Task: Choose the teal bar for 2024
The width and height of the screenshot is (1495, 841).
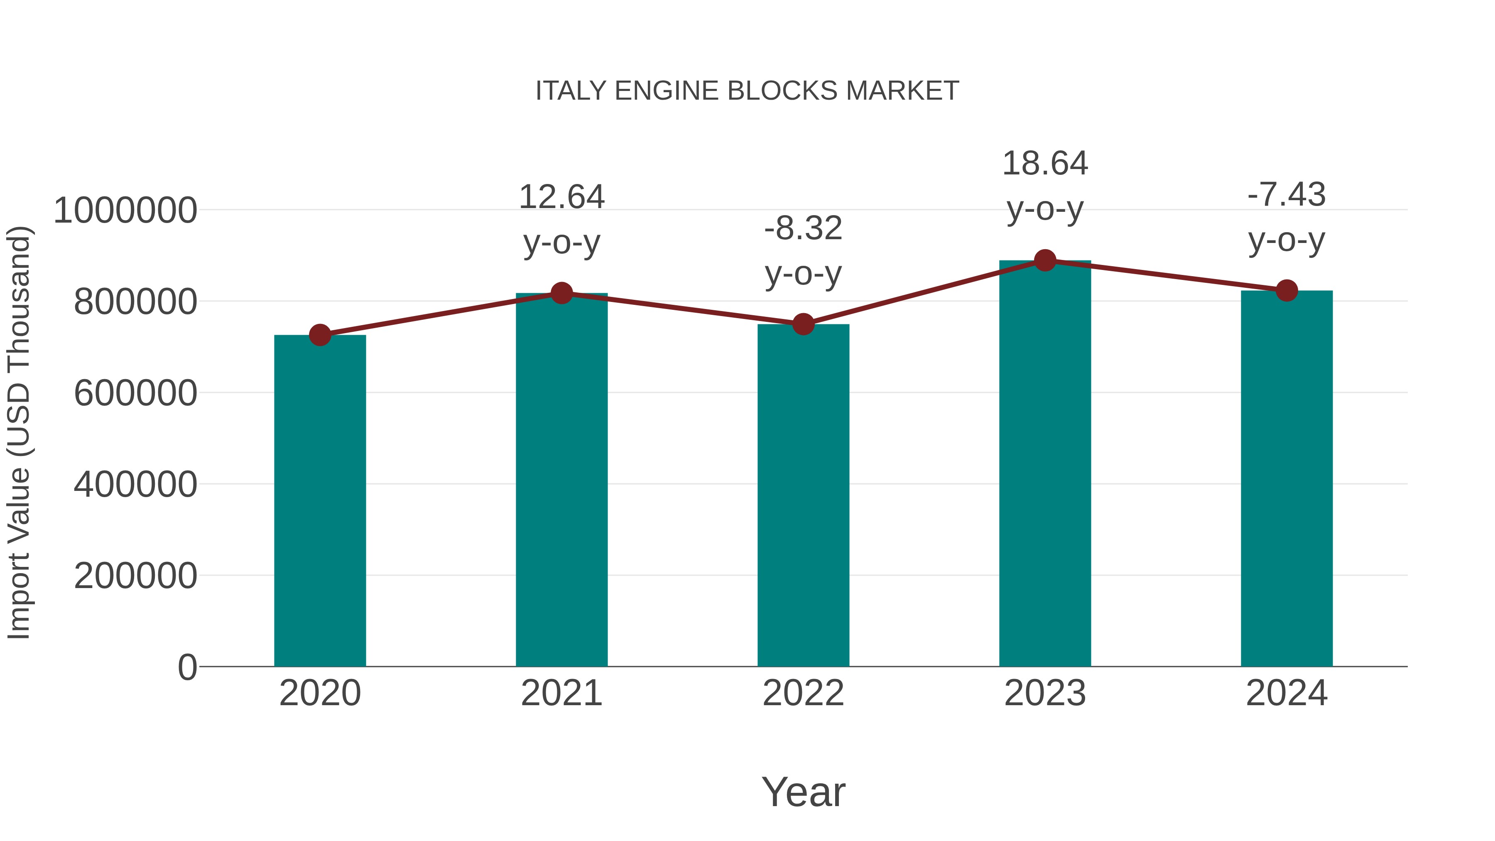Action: (x=1287, y=478)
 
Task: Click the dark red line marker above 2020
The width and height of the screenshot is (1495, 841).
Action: (x=320, y=335)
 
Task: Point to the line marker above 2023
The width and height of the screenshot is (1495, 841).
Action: (x=1045, y=260)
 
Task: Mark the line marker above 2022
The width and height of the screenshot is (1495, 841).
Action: (x=803, y=324)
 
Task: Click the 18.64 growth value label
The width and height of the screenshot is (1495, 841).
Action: (x=1045, y=164)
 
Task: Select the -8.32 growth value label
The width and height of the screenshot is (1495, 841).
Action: (x=803, y=228)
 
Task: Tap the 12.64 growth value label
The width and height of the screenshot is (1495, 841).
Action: (x=561, y=197)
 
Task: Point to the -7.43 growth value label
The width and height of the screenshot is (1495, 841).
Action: (x=1287, y=194)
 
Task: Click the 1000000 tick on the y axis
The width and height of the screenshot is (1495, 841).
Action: (x=125, y=210)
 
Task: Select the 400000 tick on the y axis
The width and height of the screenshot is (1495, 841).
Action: (x=135, y=484)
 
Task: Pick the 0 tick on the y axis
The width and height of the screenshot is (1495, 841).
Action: (x=187, y=667)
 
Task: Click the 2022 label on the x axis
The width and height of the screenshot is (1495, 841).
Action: (x=803, y=693)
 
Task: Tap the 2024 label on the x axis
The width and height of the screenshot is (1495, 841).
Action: (x=1287, y=693)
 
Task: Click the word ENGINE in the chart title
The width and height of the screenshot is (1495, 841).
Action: (x=667, y=91)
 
